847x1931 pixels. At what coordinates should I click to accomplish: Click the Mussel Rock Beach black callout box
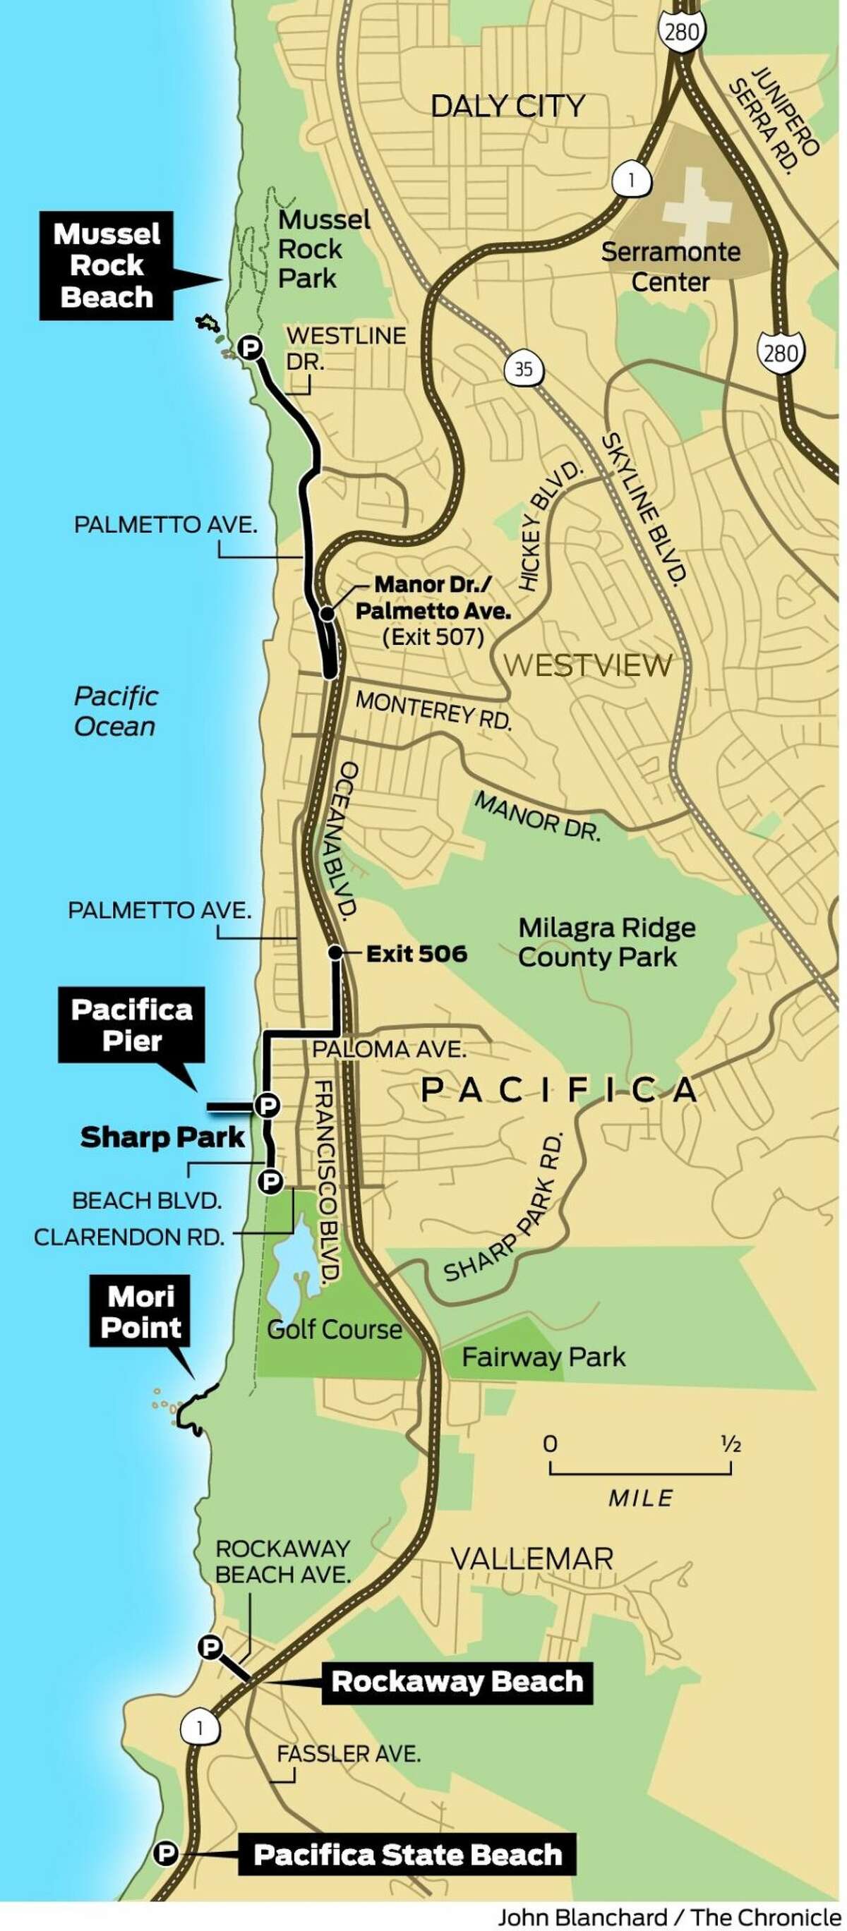pyautogui.click(x=107, y=265)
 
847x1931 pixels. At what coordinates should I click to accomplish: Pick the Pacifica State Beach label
pyautogui.click(x=407, y=1855)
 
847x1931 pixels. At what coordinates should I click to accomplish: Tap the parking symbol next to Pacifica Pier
pyautogui.click(x=267, y=1105)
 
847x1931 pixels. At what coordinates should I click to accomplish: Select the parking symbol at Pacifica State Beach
pyautogui.click(x=166, y=1855)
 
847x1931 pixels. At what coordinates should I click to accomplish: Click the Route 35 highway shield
pyautogui.click(x=523, y=369)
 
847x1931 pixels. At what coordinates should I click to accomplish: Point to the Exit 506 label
pyautogui.click(x=416, y=954)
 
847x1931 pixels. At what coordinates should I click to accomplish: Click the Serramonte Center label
pyautogui.click(x=670, y=267)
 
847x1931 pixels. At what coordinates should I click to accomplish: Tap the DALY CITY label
pyautogui.click(x=507, y=106)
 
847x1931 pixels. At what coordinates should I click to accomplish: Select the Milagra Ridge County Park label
pyautogui.click(x=606, y=943)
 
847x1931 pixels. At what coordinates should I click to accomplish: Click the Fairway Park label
pyautogui.click(x=543, y=1357)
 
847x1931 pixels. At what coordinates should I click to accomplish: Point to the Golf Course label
pyautogui.click(x=335, y=1330)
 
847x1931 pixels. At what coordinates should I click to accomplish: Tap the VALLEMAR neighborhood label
pyautogui.click(x=532, y=1559)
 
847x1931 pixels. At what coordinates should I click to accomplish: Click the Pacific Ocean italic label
pyautogui.click(x=116, y=710)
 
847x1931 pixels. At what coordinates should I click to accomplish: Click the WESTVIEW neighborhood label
pyautogui.click(x=587, y=665)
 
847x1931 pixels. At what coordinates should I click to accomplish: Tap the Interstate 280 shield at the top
pyautogui.click(x=681, y=32)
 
